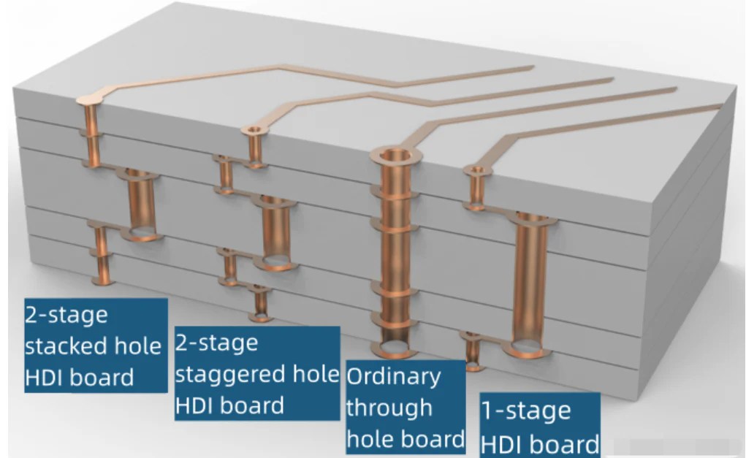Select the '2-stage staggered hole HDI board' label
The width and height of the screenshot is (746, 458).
257,373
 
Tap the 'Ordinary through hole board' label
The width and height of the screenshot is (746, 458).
405,406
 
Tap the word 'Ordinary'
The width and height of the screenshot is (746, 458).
393,377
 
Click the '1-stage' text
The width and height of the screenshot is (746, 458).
525,411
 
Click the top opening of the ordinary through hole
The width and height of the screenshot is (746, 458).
395,155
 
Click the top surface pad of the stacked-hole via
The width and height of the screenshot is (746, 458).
91,97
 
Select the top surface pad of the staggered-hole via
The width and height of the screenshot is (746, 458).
254,131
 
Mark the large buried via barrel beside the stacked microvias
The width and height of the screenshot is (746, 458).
141,205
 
